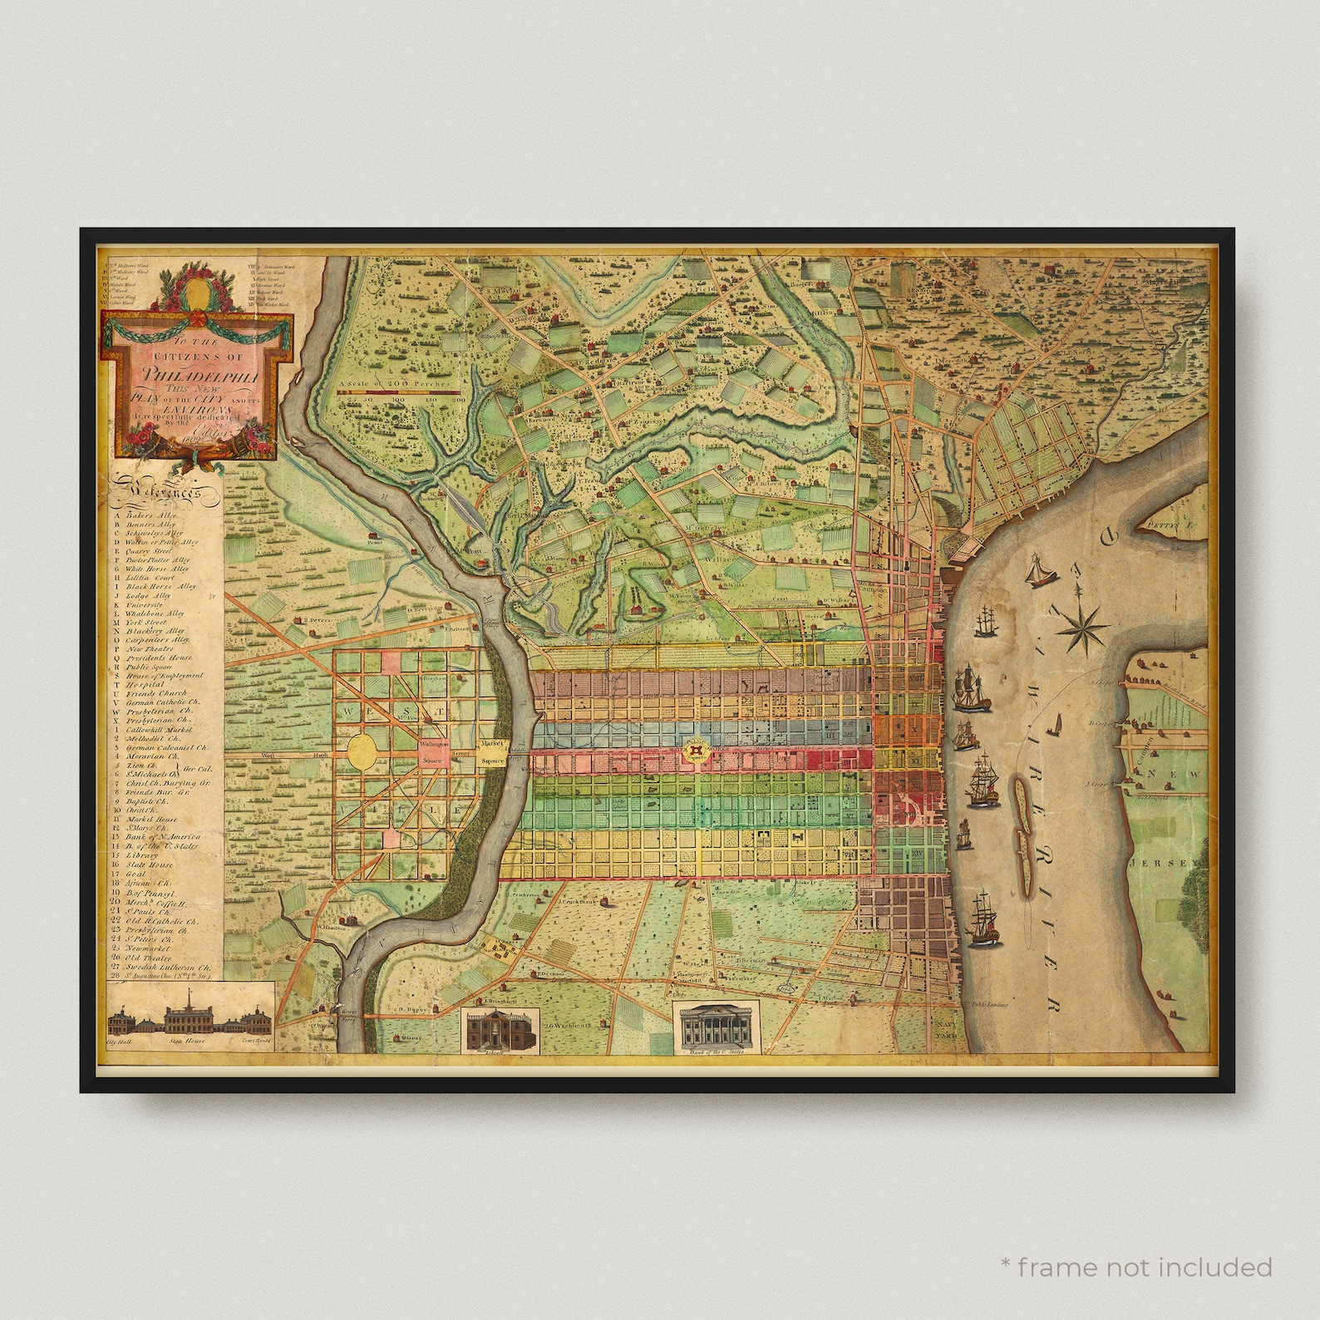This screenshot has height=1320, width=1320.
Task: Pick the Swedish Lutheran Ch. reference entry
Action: pos(167,968)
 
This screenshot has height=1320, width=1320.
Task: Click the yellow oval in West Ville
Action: pos(364,751)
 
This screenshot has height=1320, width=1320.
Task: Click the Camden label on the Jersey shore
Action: pos(1142,742)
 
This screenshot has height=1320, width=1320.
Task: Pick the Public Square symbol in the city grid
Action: pos(695,752)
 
